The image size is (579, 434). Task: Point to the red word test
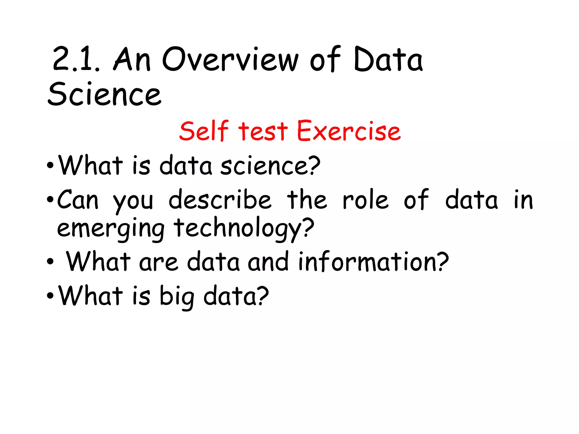[263, 131]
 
